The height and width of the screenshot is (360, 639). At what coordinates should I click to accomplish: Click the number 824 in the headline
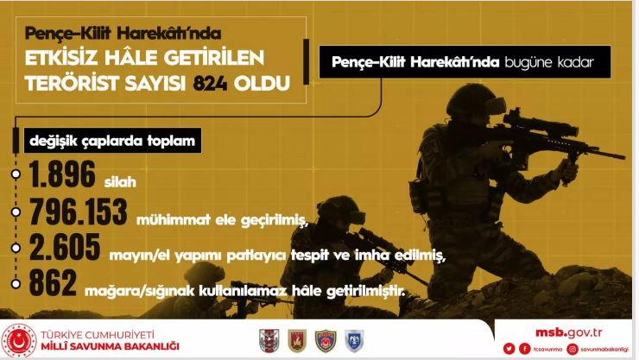coord(210,84)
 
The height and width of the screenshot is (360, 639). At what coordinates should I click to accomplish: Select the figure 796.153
coord(79,212)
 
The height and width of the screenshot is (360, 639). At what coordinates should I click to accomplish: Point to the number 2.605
coord(65,247)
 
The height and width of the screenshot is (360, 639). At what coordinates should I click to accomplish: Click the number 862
coord(53,282)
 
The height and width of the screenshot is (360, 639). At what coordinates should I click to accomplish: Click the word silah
coord(120,181)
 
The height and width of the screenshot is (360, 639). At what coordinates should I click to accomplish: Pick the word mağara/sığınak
coord(140,292)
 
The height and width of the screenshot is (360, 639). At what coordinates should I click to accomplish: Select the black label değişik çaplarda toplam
coord(112,141)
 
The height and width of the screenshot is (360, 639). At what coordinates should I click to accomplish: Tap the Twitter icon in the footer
coord(509,349)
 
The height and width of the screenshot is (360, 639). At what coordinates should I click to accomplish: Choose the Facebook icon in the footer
coord(524,349)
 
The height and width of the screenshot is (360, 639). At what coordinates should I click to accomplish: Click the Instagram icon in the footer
coord(573,349)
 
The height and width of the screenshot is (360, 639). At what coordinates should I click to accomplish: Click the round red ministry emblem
coord(19,340)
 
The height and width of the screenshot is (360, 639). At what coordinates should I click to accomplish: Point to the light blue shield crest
coord(354,341)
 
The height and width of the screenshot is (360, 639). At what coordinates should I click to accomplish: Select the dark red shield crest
coord(297,341)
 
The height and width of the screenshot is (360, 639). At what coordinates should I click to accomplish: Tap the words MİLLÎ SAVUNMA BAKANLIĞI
coord(110,347)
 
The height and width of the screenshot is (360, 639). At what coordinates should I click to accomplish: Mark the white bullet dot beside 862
coord(16,283)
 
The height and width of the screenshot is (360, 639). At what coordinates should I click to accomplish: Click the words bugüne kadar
coord(549,62)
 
